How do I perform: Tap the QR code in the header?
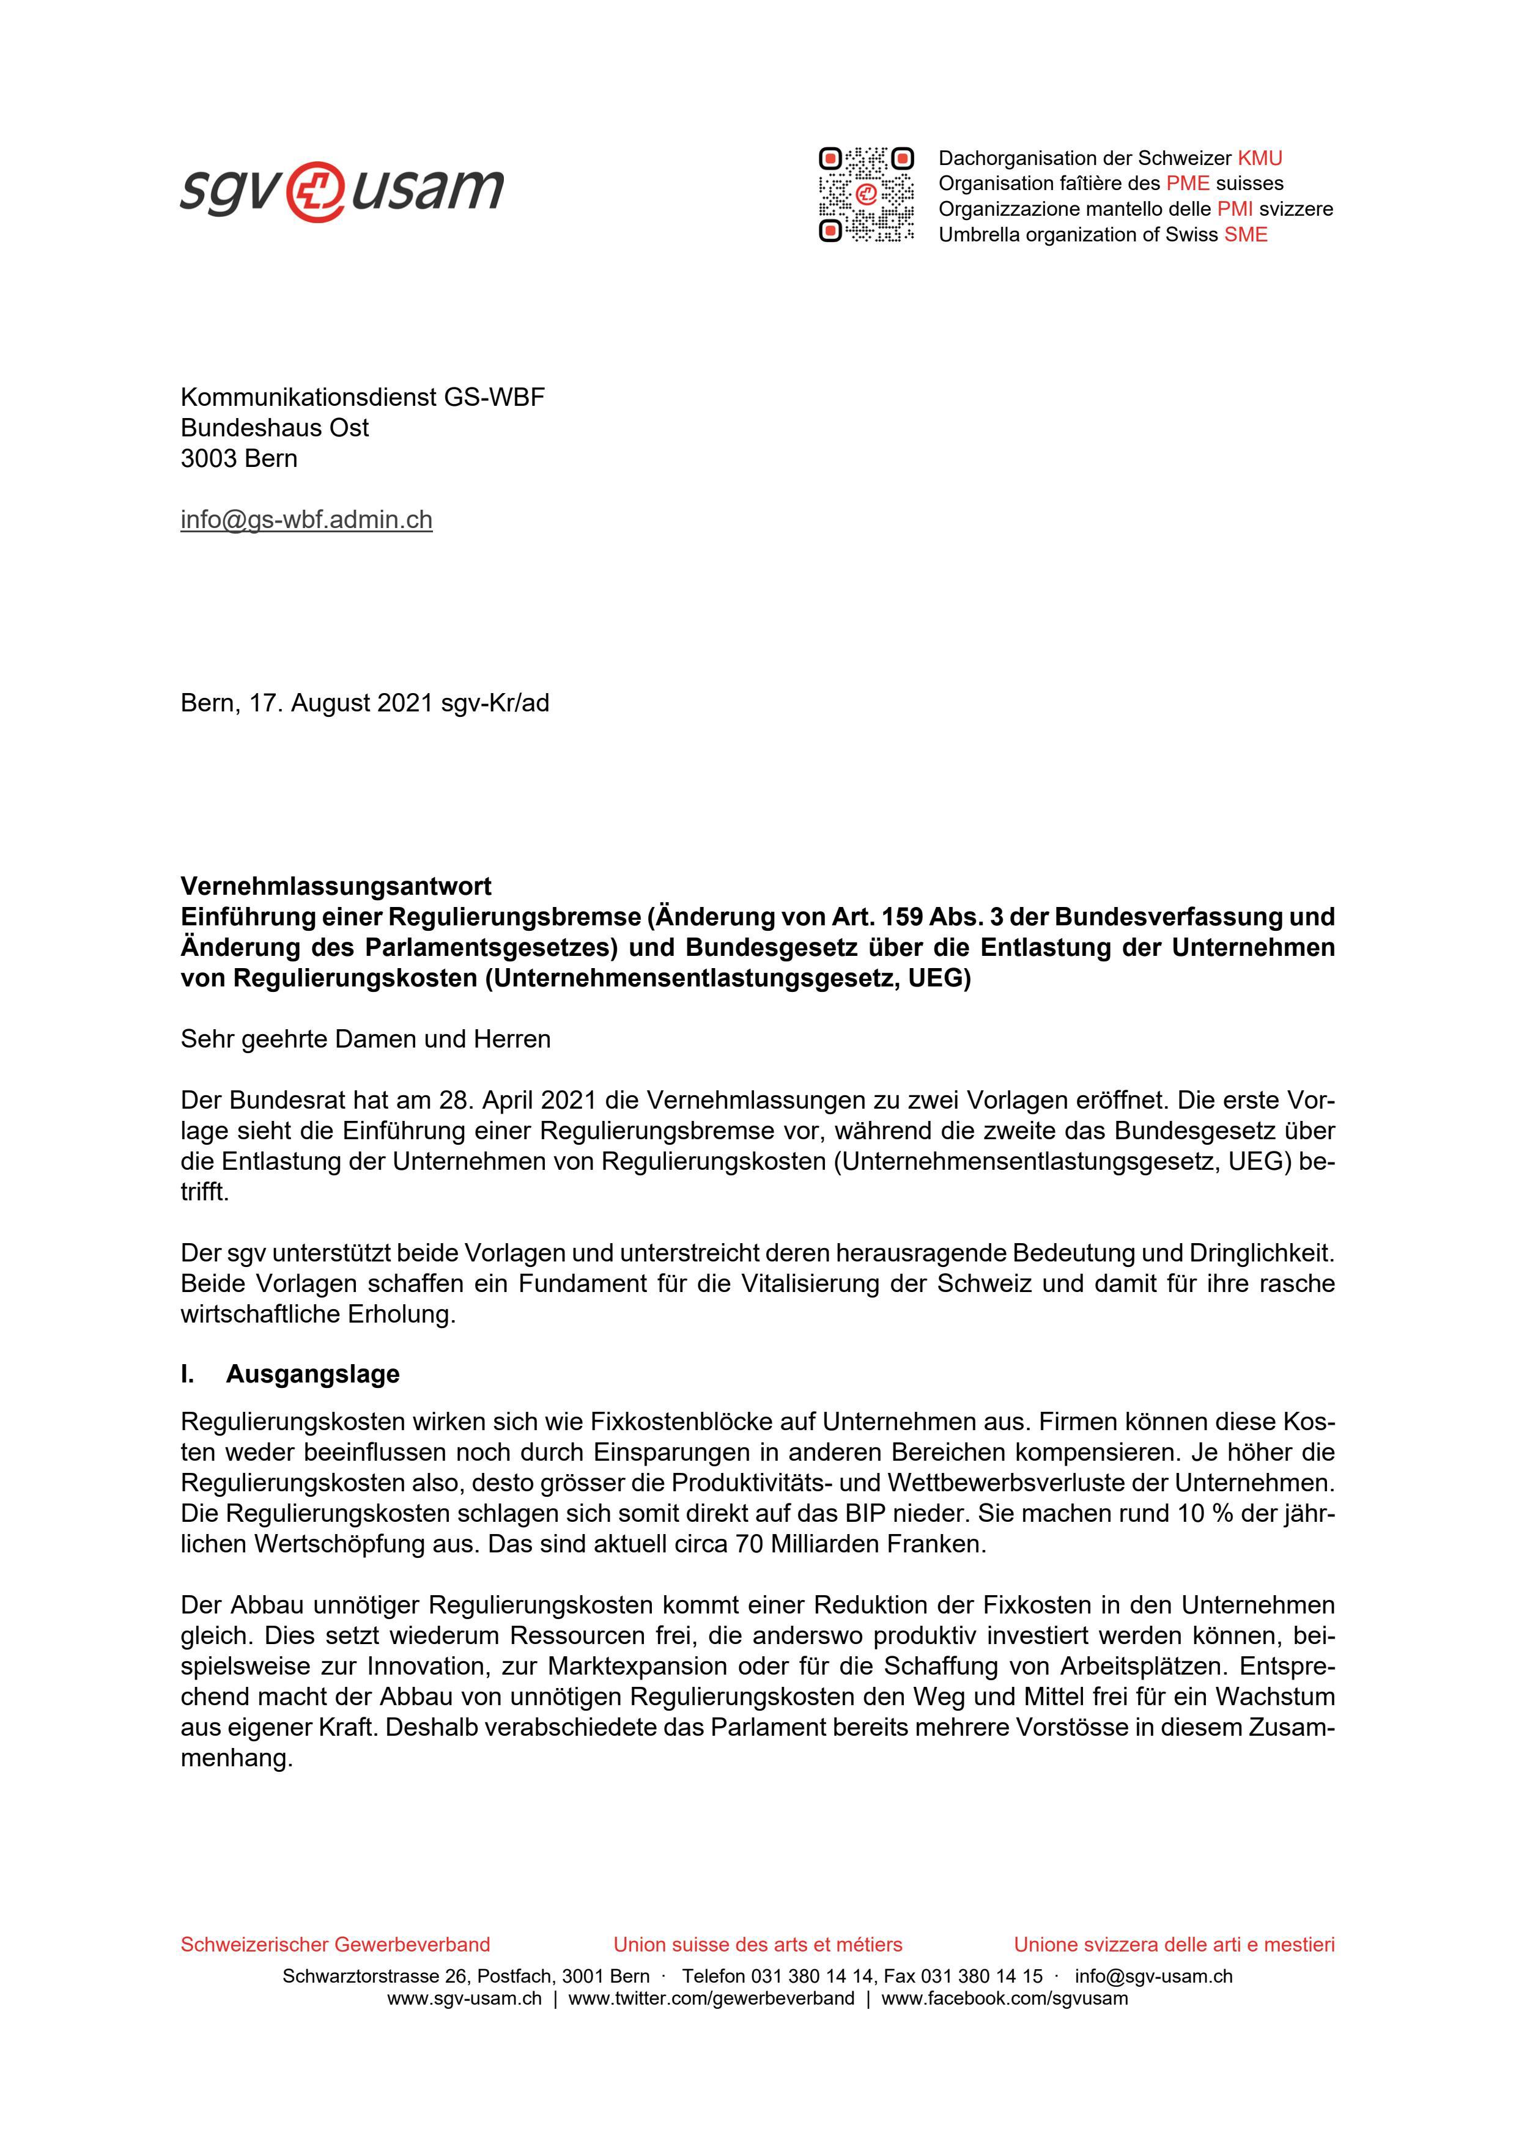(866, 195)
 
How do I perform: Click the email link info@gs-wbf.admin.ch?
(306, 520)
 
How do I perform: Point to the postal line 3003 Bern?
(239, 458)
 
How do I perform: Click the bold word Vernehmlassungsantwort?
(336, 885)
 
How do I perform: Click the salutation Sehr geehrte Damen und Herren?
(365, 1040)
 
